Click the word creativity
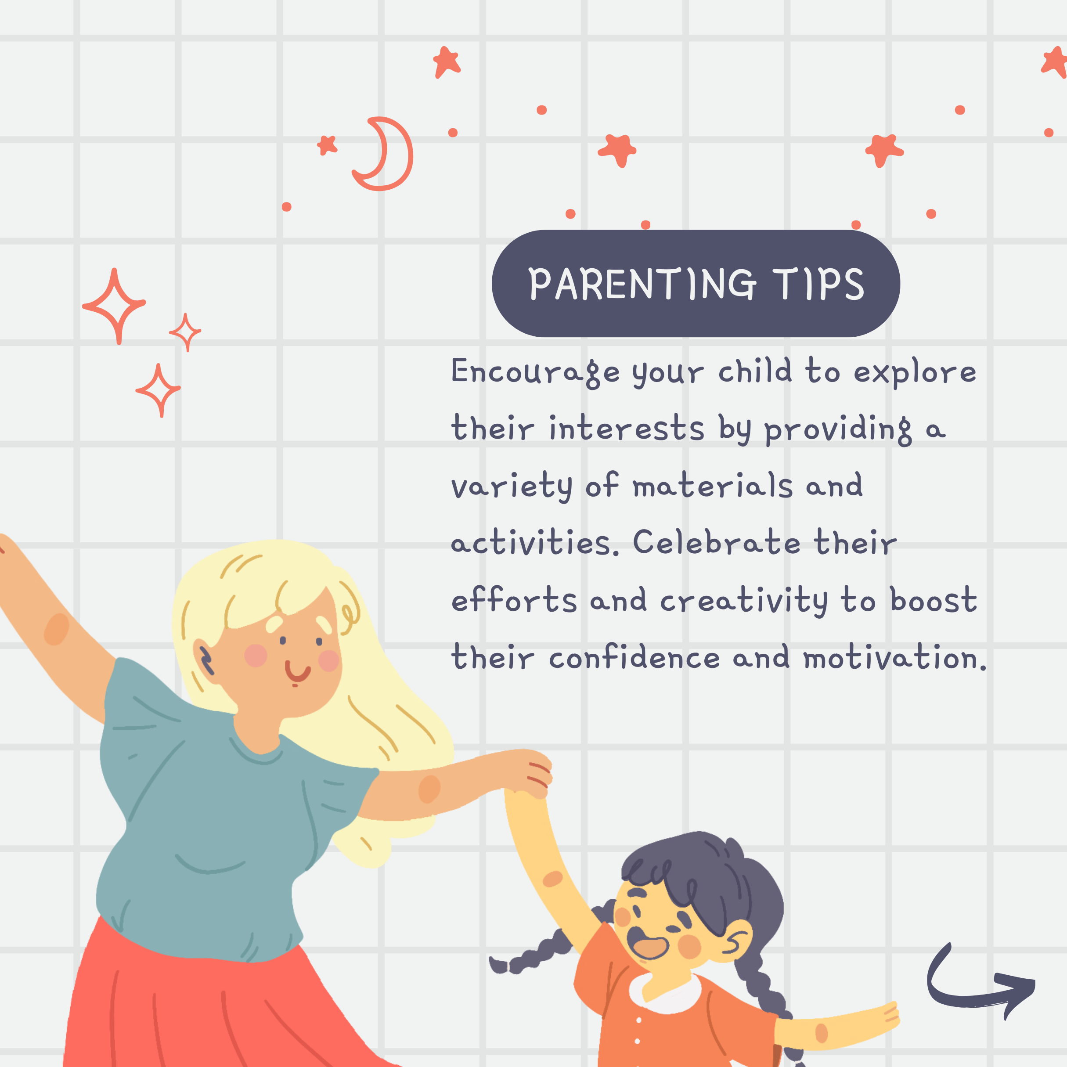(744, 600)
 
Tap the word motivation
(895, 657)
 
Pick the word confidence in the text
(634, 657)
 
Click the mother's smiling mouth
(297, 672)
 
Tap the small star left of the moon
(328, 145)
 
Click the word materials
(713, 486)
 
